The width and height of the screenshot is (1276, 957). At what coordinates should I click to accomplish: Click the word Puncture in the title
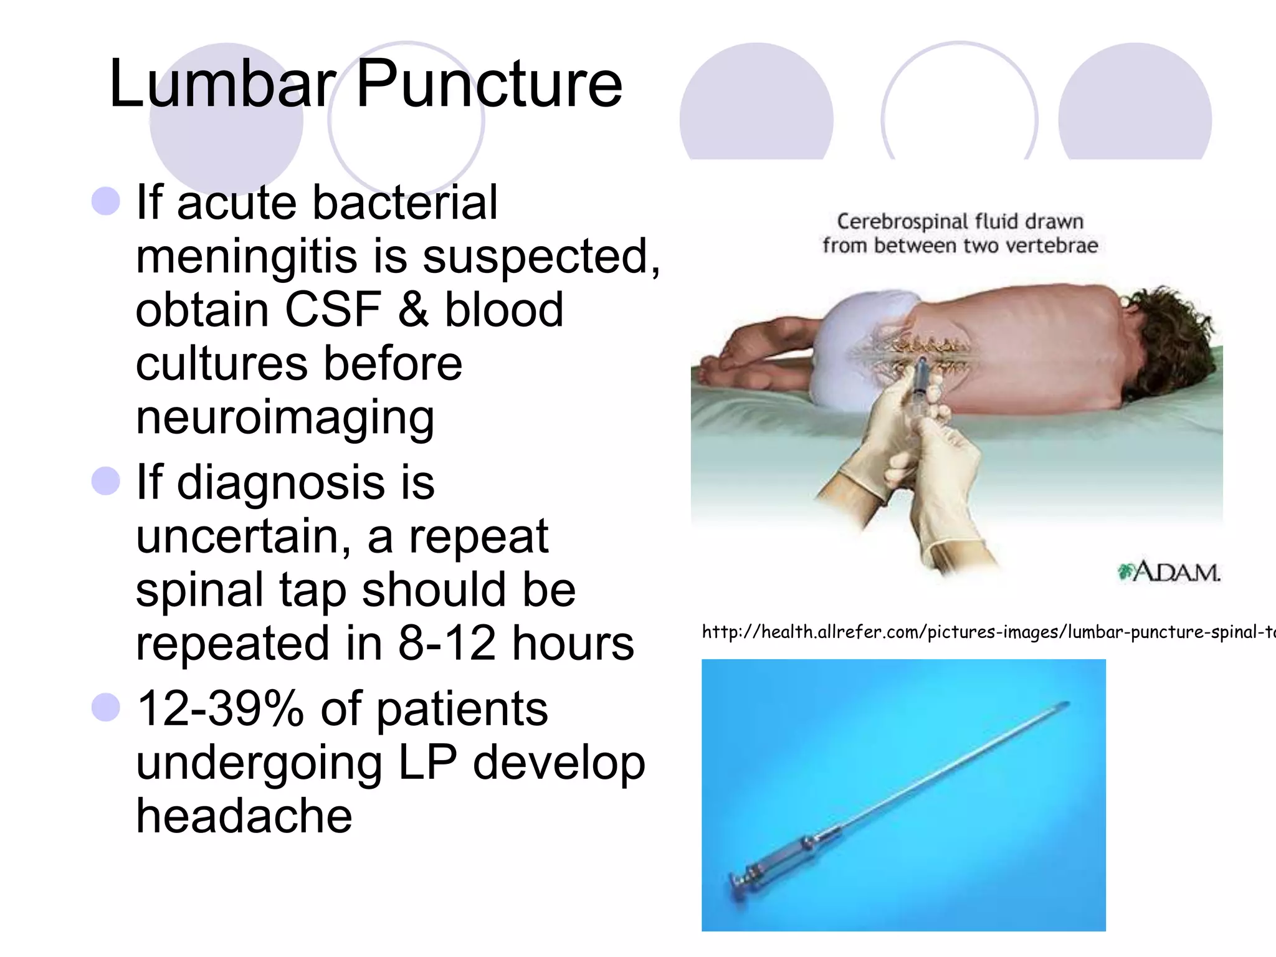[x=488, y=83]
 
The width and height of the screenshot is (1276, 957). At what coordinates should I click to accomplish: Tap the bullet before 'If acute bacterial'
[x=105, y=201]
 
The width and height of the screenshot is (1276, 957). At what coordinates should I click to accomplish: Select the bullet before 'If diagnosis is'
[x=105, y=482]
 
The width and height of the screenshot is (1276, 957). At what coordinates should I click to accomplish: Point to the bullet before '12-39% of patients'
[x=105, y=708]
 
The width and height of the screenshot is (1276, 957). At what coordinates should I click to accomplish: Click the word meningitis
[x=246, y=257]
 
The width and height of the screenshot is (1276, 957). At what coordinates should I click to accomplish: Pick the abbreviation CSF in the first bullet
[x=333, y=310]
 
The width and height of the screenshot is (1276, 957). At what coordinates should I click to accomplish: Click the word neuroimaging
[x=285, y=417]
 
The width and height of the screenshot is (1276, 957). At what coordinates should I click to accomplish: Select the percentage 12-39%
[x=220, y=709]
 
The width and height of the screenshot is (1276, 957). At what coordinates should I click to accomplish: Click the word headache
[x=244, y=816]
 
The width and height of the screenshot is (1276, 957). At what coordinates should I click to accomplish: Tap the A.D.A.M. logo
[x=1169, y=572]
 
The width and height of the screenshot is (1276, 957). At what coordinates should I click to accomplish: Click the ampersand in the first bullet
[x=412, y=310]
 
